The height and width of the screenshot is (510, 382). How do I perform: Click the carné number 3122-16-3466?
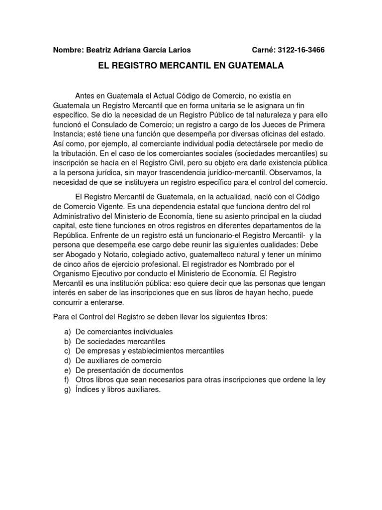click(x=302, y=50)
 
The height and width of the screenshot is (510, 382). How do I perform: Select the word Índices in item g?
click(x=89, y=389)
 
